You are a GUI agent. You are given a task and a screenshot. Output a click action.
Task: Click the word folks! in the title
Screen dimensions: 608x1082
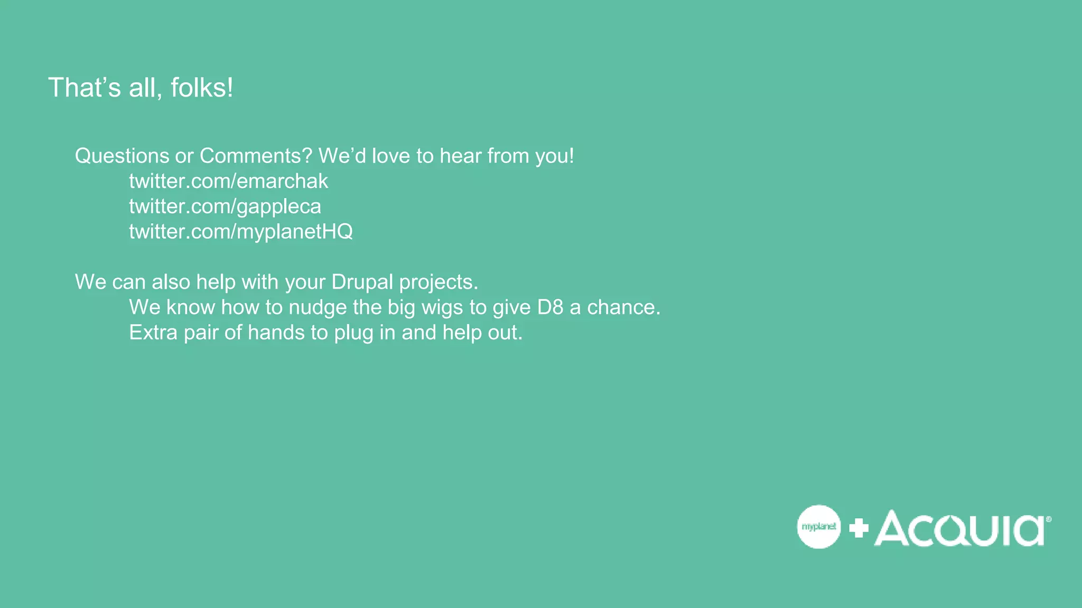(x=202, y=88)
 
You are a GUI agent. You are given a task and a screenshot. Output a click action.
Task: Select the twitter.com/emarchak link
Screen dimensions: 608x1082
(x=228, y=181)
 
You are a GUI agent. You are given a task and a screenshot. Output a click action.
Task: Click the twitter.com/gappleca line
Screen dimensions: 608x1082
(x=225, y=206)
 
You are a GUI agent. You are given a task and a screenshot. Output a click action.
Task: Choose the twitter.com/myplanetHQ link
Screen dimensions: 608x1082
(x=241, y=232)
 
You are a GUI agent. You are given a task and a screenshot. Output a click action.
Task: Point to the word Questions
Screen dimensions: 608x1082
(x=122, y=156)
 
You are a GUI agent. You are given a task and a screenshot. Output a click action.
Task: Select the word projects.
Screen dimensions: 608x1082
(x=439, y=282)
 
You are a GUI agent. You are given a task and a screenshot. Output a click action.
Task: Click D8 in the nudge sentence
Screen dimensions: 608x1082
(x=550, y=307)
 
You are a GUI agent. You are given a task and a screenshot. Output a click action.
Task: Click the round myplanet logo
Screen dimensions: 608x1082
(x=818, y=527)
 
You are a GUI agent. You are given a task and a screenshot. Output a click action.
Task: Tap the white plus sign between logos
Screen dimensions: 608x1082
(x=859, y=528)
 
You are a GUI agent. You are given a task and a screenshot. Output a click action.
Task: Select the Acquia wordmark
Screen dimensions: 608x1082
(x=959, y=528)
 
